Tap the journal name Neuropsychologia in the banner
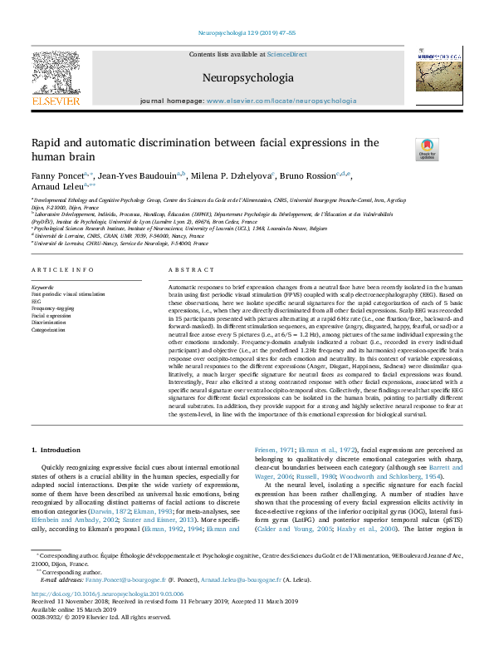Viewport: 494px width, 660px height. pos(247,78)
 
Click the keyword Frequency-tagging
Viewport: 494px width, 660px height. pos(54,308)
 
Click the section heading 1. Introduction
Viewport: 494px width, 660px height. pos(58,450)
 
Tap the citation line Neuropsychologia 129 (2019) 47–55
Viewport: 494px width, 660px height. pos(247,33)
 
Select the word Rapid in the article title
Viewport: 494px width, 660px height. pos(46,143)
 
